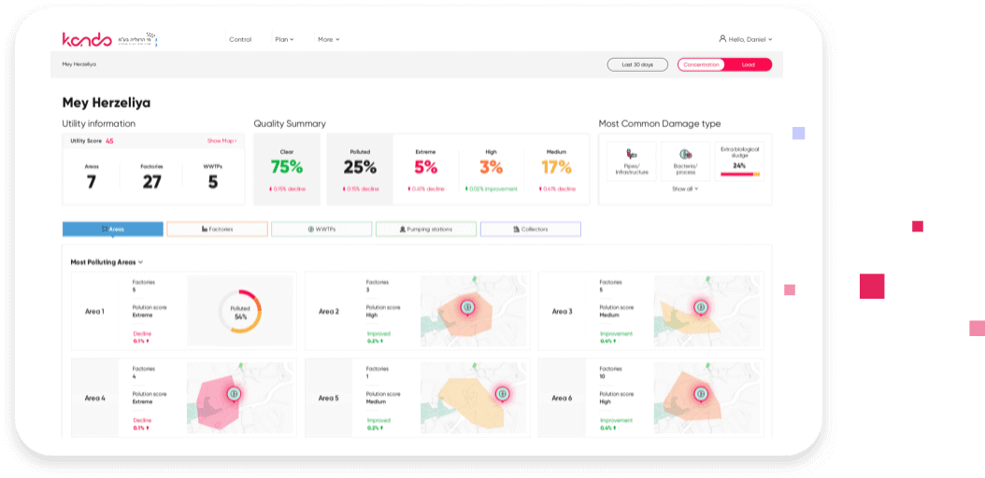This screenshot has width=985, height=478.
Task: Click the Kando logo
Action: tap(87, 39)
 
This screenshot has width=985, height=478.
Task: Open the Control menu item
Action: tap(240, 39)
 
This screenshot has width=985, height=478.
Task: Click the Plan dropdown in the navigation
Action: tap(284, 39)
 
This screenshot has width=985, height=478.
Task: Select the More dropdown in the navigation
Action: tap(328, 39)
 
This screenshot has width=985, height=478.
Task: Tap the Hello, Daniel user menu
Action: tap(746, 39)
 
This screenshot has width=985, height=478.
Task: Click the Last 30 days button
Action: tap(637, 64)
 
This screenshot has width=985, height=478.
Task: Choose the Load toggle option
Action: tap(749, 64)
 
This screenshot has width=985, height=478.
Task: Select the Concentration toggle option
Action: tap(702, 64)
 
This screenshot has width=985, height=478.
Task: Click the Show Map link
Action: tap(221, 141)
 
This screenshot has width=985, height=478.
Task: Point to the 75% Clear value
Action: tap(287, 167)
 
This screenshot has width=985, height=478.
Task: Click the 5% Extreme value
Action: tap(426, 167)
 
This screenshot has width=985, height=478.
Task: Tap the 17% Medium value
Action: tap(557, 167)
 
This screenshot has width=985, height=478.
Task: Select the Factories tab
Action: tap(217, 229)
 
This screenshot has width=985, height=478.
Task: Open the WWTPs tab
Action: tap(321, 229)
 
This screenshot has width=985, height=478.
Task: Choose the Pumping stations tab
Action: tap(426, 229)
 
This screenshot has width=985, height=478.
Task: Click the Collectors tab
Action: tap(531, 229)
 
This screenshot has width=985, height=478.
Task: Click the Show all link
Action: tap(685, 189)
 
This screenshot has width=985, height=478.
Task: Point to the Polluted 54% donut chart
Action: tap(240, 312)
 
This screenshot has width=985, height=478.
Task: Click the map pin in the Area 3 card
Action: tap(698, 306)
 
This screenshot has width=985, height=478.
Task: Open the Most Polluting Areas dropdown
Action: tap(107, 262)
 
